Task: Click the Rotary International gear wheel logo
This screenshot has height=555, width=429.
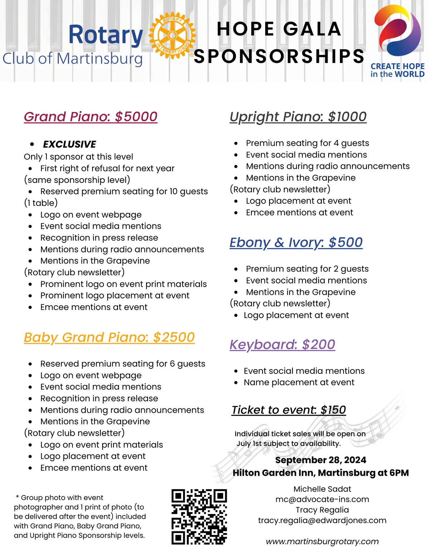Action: click(172, 36)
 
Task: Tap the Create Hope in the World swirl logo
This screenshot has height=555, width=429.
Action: click(398, 32)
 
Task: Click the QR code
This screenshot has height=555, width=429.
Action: click(199, 517)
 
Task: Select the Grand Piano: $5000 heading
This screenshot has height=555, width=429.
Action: click(90, 117)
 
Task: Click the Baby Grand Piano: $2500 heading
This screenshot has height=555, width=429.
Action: click(109, 337)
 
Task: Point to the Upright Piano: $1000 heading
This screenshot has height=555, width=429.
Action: click(298, 117)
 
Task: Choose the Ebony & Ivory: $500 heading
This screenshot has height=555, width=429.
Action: click(296, 242)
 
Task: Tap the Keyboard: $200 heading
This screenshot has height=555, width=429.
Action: click(282, 345)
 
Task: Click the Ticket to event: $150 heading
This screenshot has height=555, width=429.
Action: click(289, 410)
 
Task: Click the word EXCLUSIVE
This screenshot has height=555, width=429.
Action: click(69, 144)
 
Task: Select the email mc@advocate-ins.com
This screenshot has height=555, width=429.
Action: click(322, 499)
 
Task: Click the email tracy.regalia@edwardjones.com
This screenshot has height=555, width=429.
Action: click(322, 520)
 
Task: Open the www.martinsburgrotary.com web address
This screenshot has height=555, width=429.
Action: click(322, 541)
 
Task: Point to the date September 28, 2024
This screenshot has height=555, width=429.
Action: click(321, 460)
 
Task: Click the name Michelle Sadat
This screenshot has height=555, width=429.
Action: click(322, 489)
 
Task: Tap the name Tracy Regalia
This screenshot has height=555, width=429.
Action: click(322, 510)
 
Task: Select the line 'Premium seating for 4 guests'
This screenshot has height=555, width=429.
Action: click(307, 143)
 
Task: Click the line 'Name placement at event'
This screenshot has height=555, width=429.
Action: click(299, 382)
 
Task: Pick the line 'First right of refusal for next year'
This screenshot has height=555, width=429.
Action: click(107, 168)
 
